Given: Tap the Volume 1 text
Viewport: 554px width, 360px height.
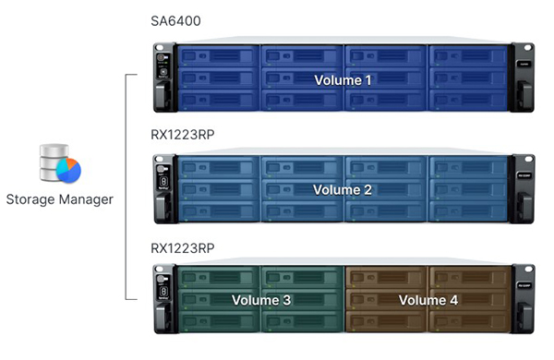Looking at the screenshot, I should (343, 80).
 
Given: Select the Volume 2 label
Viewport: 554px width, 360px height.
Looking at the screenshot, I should (343, 190).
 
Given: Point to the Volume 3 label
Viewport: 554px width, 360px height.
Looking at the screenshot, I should (260, 300).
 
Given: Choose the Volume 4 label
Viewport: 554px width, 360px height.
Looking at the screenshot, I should (428, 300).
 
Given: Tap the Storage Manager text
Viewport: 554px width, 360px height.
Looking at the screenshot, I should (60, 199).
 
